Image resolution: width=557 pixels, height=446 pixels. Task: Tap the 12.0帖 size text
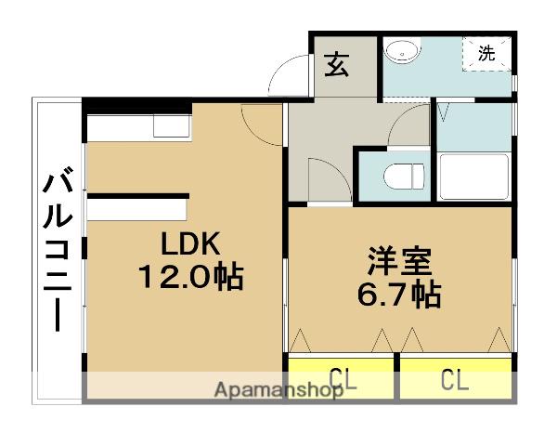point(190,277)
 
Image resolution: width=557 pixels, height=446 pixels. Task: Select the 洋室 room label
point(399,261)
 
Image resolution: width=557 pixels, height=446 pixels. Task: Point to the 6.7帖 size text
point(399,295)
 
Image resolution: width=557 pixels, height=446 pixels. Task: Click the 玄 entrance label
point(337,65)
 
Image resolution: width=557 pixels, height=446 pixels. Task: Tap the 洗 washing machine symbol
point(486,53)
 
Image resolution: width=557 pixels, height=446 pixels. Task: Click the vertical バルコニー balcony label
point(58,248)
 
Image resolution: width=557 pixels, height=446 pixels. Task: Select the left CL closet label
point(343,379)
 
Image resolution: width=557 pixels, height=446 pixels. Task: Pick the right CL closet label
point(455,379)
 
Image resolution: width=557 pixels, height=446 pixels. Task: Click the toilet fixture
point(404,177)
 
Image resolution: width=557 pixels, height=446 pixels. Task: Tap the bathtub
point(474,177)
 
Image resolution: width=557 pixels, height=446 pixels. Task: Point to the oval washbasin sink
point(402,52)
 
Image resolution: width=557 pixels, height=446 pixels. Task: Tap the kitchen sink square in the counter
point(172,126)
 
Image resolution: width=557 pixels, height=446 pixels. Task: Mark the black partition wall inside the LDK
point(138,196)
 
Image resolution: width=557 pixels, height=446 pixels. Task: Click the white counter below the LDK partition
point(136,210)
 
